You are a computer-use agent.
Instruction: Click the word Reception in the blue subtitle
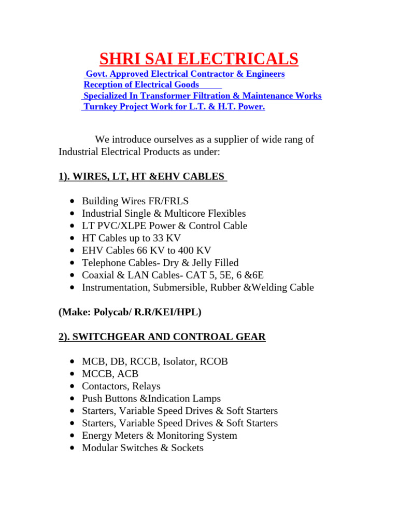click(x=103, y=85)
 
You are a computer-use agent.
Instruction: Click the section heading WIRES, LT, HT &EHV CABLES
click(x=143, y=176)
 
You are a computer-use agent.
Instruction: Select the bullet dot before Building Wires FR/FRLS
click(x=71, y=201)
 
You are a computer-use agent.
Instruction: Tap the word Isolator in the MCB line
click(x=178, y=361)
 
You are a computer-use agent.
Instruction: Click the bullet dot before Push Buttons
click(x=71, y=399)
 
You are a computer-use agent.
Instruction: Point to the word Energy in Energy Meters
click(x=96, y=436)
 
